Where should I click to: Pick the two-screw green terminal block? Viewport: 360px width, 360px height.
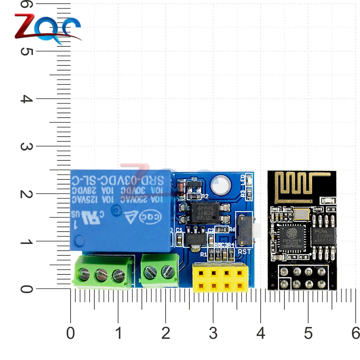(160, 270)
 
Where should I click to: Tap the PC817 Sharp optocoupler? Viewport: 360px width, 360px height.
(206, 212)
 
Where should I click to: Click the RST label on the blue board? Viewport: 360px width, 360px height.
(244, 252)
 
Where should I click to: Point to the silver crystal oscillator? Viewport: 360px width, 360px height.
(301, 214)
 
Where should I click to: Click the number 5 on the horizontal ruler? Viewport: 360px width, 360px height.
(308, 333)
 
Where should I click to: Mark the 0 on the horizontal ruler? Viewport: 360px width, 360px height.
(71, 333)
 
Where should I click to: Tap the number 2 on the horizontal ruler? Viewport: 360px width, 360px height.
(166, 333)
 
